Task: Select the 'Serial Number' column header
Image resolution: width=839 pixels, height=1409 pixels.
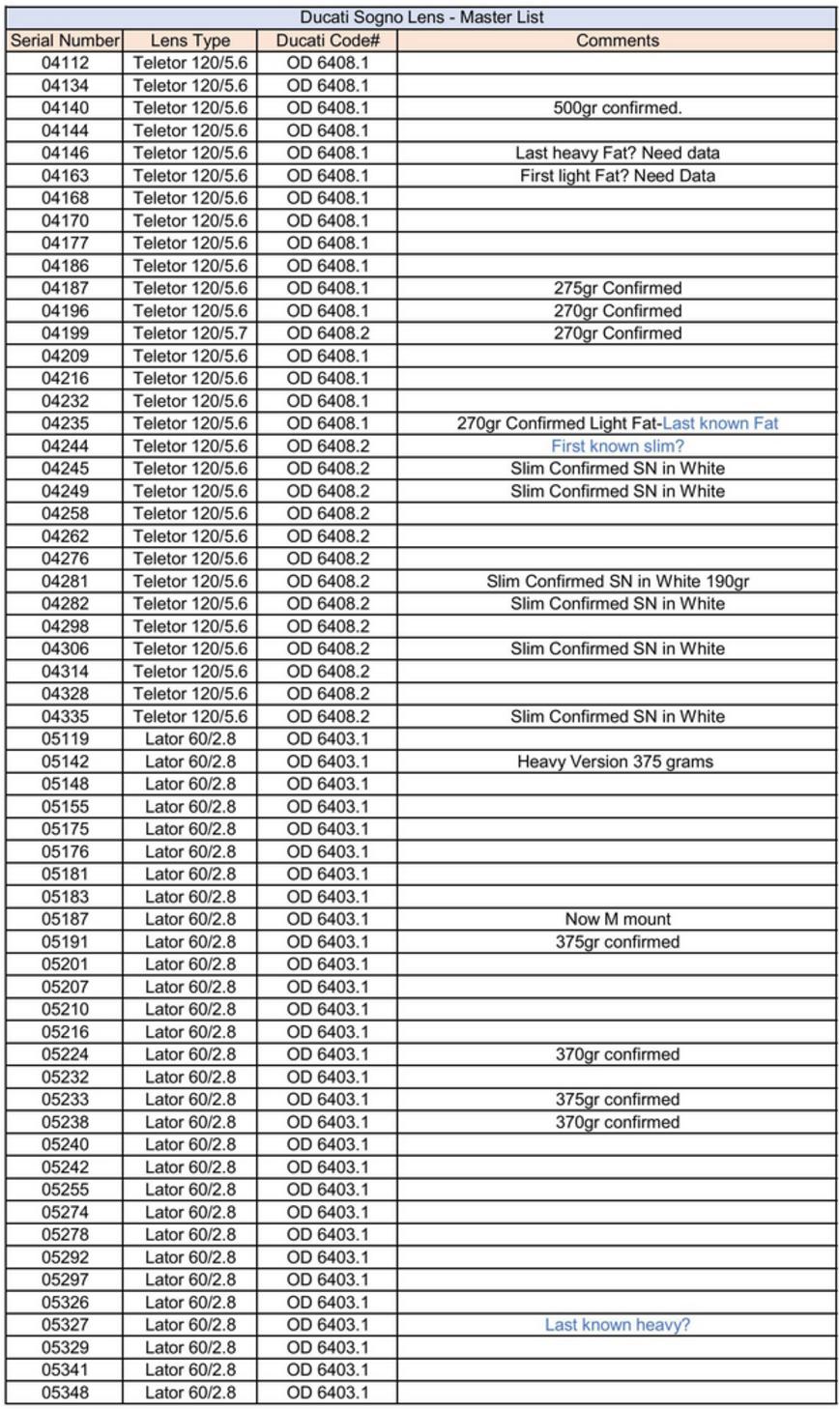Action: coord(64,40)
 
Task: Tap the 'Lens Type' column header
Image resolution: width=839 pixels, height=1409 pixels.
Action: coord(190,40)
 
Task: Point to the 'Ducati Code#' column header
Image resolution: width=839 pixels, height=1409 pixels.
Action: coord(328,40)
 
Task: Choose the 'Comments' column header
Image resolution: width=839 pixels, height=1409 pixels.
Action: coord(617,40)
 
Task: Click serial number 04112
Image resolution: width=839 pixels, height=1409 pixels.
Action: coord(64,63)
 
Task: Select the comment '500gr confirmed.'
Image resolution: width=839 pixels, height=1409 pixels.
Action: coord(617,108)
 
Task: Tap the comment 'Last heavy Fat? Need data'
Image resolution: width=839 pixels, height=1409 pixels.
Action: coord(617,153)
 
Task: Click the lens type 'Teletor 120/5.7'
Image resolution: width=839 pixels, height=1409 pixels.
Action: coord(190,333)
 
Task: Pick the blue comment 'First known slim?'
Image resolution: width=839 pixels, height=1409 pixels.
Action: coord(617,446)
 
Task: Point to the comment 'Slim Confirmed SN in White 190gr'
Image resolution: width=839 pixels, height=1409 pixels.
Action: coord(617,582)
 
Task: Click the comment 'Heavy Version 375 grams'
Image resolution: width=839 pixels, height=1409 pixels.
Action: coord(617,762)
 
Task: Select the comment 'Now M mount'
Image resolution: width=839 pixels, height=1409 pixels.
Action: coord(617,919)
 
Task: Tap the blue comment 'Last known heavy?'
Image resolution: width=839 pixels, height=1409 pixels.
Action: coord(617,1325)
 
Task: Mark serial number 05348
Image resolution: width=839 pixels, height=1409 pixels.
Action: coord(64,1393)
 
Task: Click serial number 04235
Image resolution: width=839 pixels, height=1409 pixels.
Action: coord(64,423)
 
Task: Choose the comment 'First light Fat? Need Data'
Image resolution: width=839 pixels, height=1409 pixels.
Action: coord(617,176)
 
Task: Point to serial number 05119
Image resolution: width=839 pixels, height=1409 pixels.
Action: coord(64,739)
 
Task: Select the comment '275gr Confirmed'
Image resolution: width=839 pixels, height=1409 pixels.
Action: coord(617,288)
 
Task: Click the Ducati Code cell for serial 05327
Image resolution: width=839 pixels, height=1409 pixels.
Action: coord(328,1325)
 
